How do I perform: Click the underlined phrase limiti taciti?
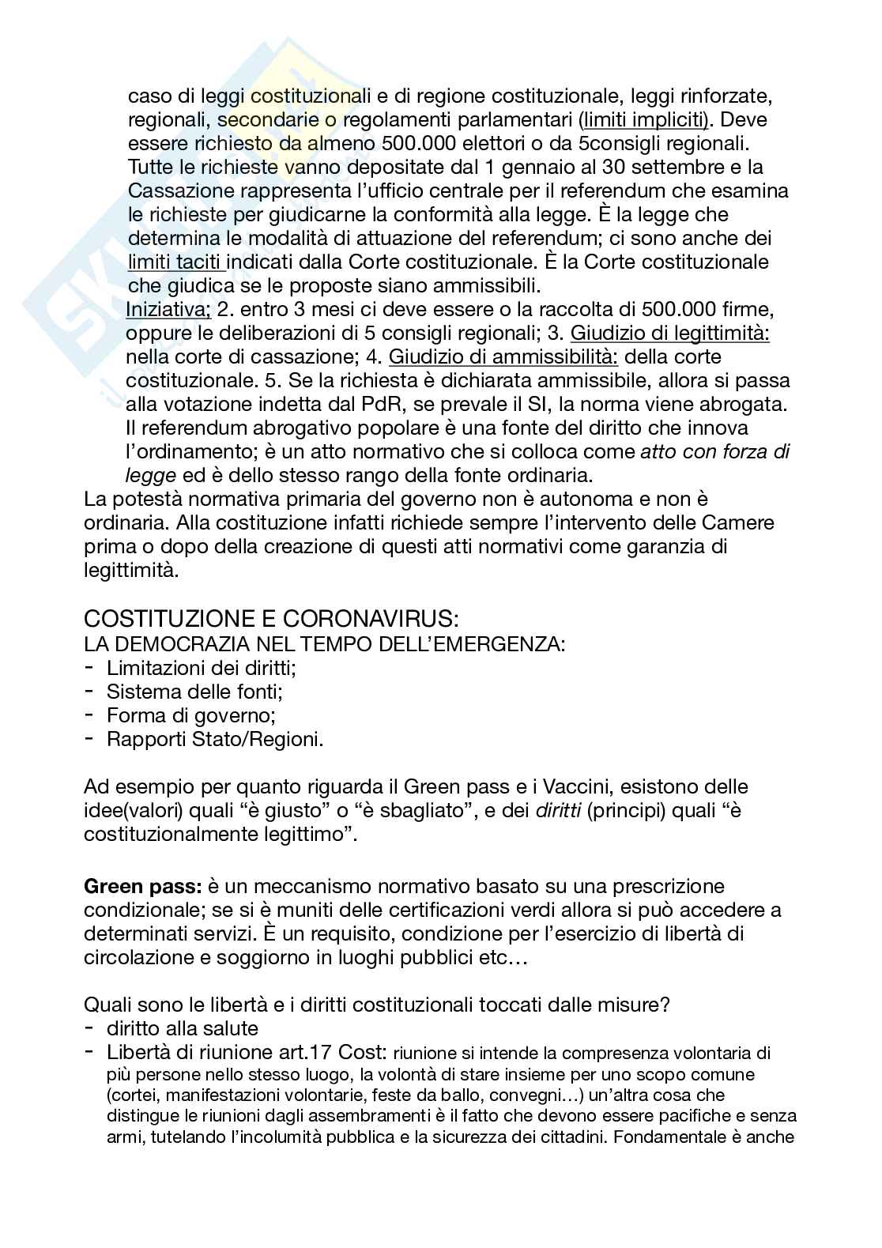click(176, 262)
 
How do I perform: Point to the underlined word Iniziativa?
click(168, 309)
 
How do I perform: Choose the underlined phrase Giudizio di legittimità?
click(669, 333)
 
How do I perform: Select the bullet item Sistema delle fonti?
click(194, 692)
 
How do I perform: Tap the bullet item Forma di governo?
click(190, 715)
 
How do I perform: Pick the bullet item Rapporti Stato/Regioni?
click(215, 739)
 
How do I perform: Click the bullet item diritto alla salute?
click(183, 1028)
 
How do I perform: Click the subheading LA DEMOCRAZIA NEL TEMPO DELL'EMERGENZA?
click(324, 643)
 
